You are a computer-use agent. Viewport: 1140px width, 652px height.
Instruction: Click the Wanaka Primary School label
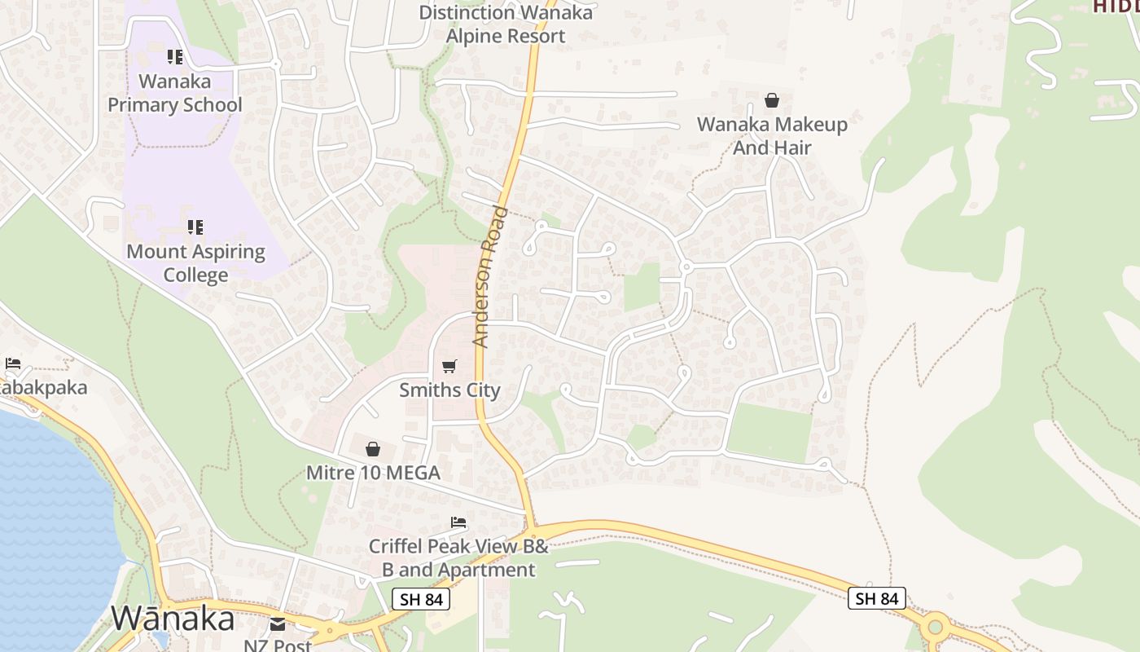pyautogui.click(x=175, y=93)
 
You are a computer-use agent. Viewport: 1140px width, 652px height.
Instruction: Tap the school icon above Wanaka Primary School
pyautogui.click(x=175, y=57)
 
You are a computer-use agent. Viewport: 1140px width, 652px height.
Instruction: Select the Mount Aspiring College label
pyautogui.click(x=195, y=262)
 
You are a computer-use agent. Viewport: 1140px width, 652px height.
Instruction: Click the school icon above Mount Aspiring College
pyautogui.click(x=195, y=227)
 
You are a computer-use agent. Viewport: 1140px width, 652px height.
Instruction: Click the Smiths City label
pyautogui.click(x=449, y=390)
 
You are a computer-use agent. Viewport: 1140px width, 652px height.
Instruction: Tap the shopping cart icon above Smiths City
pyautogui.click(x=449, y=367)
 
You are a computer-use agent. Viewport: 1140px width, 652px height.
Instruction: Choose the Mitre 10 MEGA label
pyautogui.click(x=373, y=473)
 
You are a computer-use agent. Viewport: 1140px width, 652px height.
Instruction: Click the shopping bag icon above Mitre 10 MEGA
pyautogui.click(x=373, y=449)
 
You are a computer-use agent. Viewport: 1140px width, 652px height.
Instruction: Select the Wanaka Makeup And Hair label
pyautogui.click(x=772, y=136)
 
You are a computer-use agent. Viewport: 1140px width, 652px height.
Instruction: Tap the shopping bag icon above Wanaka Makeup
pyautogui.click(x=772, y=100)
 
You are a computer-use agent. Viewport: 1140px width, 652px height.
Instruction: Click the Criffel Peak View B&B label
pyautogui.click(x=458, y=558)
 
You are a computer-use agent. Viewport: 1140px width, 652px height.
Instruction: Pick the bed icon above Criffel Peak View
pyautogui.click(x=458, y=522)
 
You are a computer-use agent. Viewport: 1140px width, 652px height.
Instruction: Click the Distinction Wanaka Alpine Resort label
pyautogui.click(x=505, y=24)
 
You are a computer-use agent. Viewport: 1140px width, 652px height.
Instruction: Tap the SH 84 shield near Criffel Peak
pyautogui.click(x=422, y=599)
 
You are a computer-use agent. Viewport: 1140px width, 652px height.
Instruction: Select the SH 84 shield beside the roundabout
pyautogui.click(x=877, y=598)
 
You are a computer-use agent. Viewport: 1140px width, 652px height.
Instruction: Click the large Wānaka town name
pyautogui.click(x=173, y=619)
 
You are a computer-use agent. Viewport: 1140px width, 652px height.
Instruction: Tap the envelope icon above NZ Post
pyautogui.click(x=278, y=624)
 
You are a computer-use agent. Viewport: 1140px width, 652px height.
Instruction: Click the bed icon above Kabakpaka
pyautogui.click(x=13, y=363)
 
